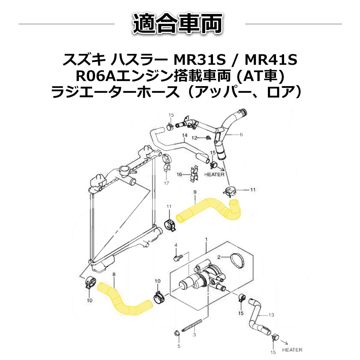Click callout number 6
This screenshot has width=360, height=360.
241,135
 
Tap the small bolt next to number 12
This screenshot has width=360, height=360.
207,138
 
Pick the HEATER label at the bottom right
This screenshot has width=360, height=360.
292,350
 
